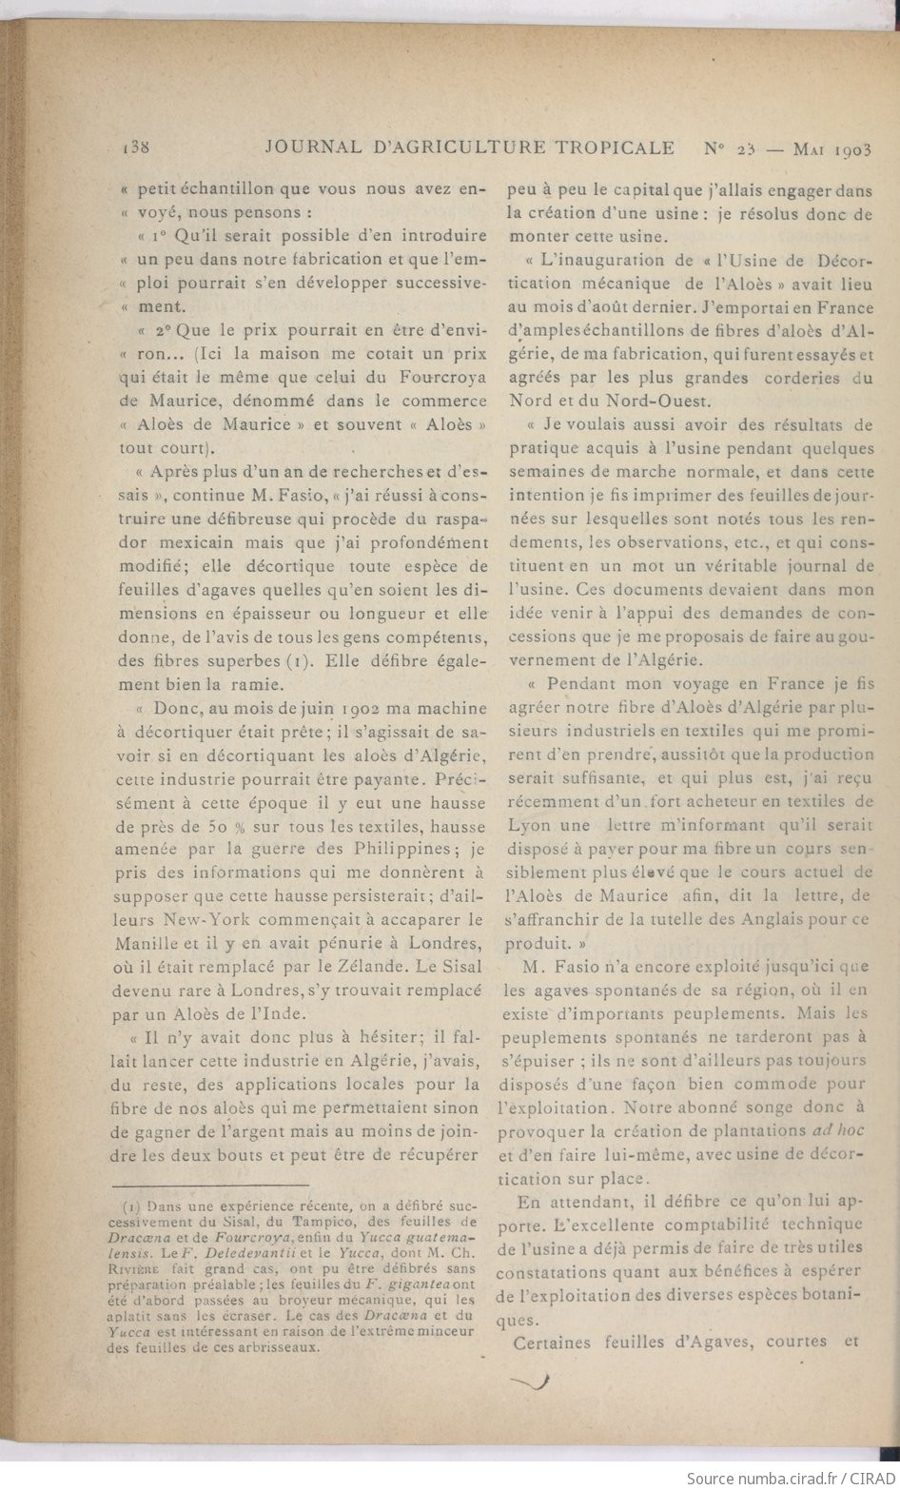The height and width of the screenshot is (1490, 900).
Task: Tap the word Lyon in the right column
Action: (529, 824)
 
